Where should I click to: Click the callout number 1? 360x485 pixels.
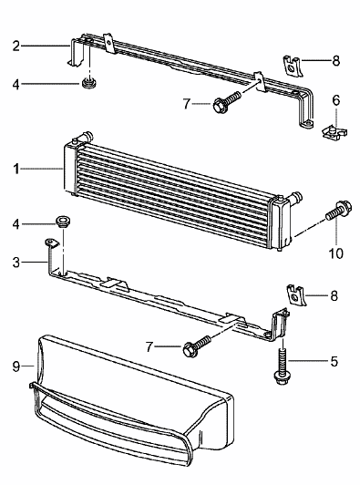[16, 169]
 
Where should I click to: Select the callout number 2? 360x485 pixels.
[16, 46]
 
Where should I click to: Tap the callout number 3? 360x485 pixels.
[16, 263]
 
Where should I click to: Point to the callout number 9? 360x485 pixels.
[16, 366]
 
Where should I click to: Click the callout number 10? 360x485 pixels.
[335, 253]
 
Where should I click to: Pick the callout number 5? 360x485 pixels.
[334, 361]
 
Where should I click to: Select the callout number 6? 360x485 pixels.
[336, 100]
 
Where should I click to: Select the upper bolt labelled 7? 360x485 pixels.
[227, 101]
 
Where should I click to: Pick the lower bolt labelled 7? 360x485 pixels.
[198, 346]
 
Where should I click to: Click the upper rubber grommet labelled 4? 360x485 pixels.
[89, 84]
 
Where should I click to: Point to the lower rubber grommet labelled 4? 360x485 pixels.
[63, 222]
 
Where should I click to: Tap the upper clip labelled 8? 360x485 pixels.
[293, 66]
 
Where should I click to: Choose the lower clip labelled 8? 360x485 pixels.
[296, 294]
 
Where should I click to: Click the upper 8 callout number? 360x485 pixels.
[336, 60]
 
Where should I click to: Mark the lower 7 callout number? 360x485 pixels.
[149, 346]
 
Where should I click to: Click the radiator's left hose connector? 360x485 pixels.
[87, 136]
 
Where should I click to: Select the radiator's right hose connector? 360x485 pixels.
[295, 197]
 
